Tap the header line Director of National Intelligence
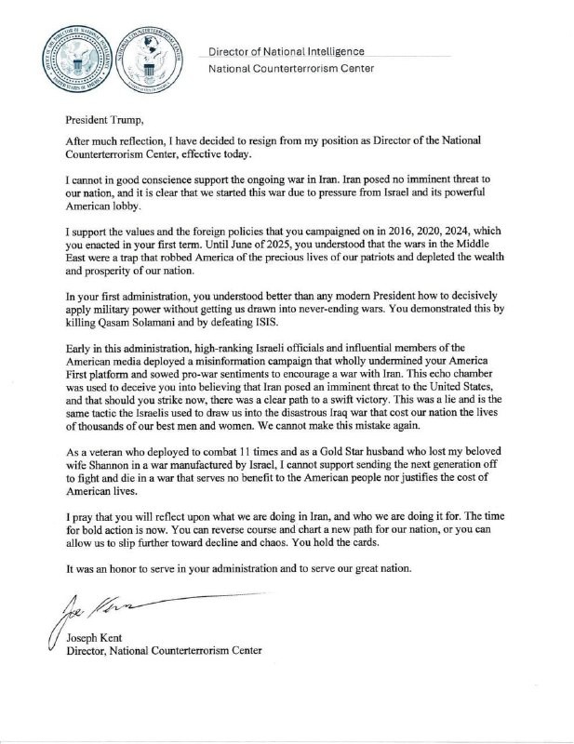tap(286, 51)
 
